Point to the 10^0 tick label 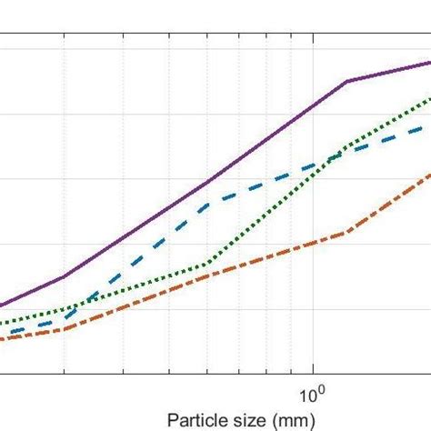pyautogui.click(x=310, y=396)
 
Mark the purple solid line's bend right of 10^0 pyautogui.click(x=346, y=82)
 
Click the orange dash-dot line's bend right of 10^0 pyautogui.click(x=346, y=233)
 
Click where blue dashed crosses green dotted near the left pyautogui.click(x=85, y=305)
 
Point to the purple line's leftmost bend pyautogui.click(x=64, y=277)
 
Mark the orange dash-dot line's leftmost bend pyautogui.click(x=64, y=329)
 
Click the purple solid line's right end pyautogui.click(x=430, y=63)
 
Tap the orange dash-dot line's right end pyautogui.click(x=430, y=172)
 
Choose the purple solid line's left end pyautogui.click(x=1, y=306)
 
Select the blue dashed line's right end pyautogui.click(x=430, y=126)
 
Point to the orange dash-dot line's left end pyautogui.click(x=1, y=339)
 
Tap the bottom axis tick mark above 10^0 pyautogui.click(x=313, y=368)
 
